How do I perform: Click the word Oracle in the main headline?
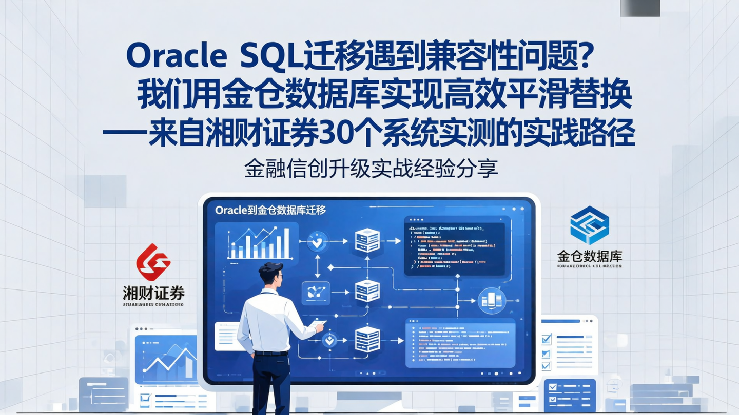point(176,56)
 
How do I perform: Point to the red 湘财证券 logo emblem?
point(153,262)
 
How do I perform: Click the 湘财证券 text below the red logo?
point(153,293)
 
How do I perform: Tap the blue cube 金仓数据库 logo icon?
point(589,225)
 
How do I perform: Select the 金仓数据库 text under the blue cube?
point(589,256)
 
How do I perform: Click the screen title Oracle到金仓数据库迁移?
point(270,210)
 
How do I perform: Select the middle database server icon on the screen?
point(367,291)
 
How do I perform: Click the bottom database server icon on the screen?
point(367,339)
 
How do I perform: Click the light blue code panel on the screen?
point(460,342)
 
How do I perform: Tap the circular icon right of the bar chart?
point(317,241)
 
